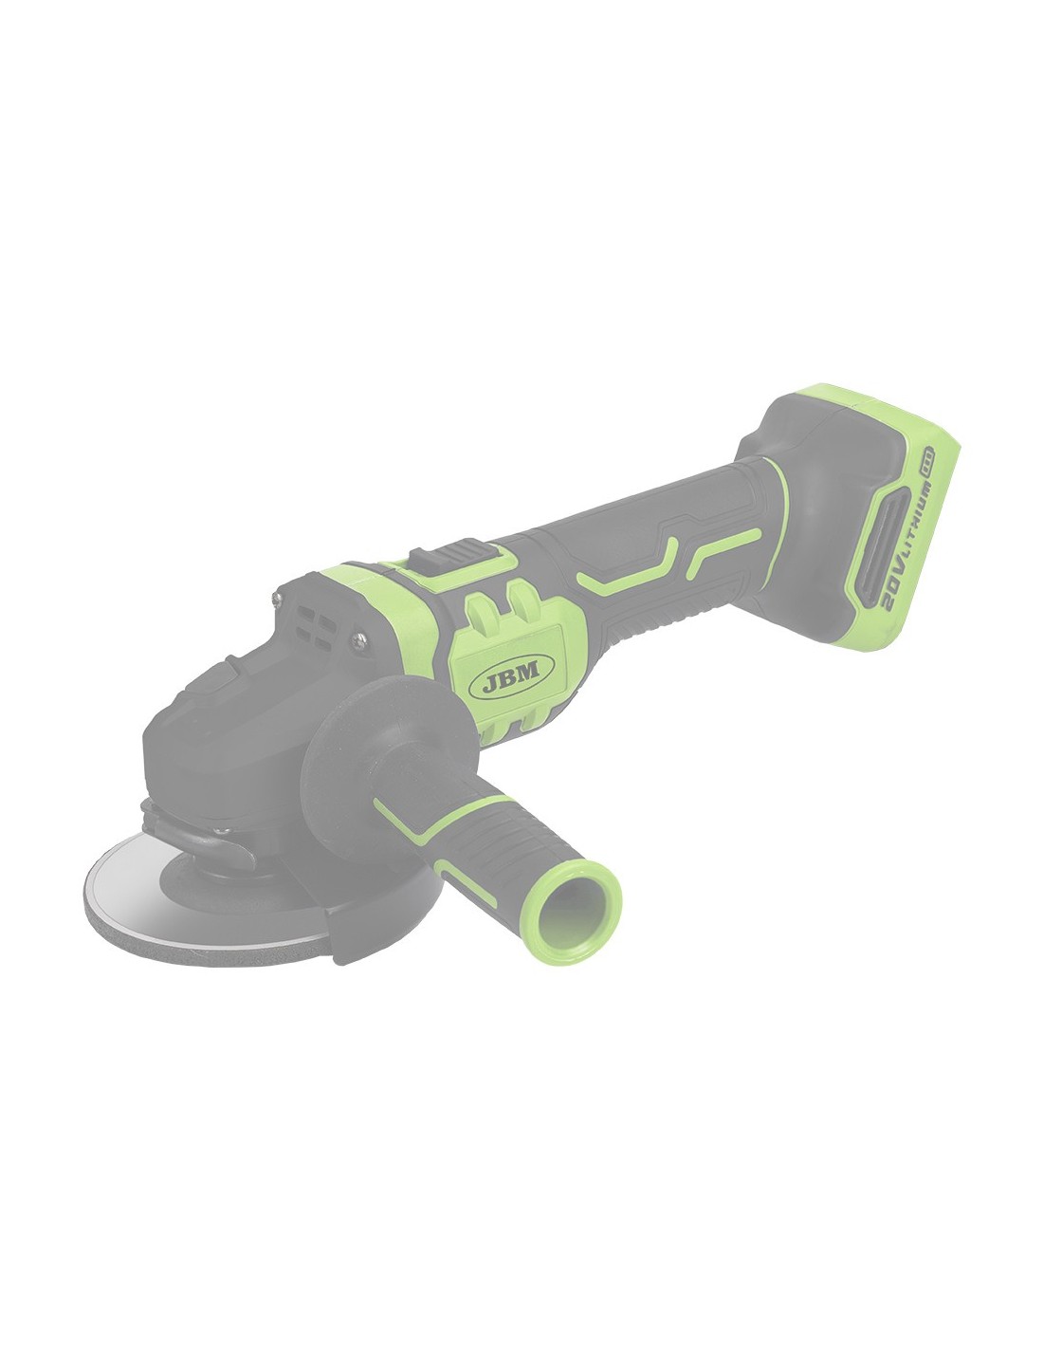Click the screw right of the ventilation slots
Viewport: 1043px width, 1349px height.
(359, 640)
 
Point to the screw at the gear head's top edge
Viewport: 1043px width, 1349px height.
(277, 598)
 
